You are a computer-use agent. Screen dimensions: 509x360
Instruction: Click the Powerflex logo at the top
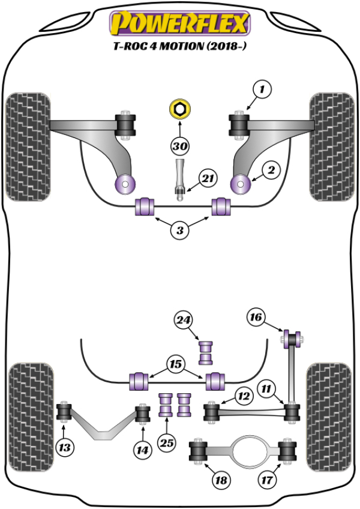pos(178,25)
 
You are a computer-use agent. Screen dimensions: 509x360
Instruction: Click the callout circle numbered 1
pos(262,91)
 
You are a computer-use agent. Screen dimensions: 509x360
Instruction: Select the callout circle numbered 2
pos(271,171)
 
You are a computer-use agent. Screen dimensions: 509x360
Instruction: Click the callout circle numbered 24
pos(184,322)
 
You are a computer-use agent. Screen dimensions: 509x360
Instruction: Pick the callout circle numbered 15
pos(176,364)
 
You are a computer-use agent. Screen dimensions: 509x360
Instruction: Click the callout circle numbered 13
pos(64,447)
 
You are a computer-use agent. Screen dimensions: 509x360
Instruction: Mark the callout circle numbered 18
pos(221,480)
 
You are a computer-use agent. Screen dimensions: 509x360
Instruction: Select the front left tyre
pos(26,144)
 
